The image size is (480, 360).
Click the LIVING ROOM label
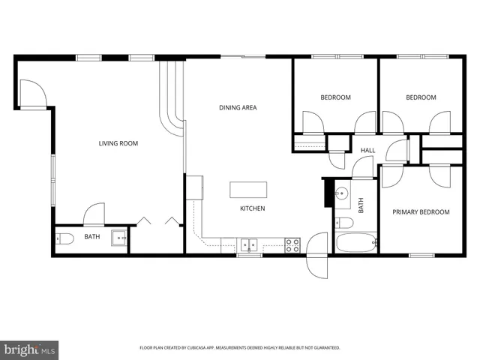pos(118,143)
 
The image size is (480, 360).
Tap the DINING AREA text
pos(238,108)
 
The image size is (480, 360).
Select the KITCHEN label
pos(253,208)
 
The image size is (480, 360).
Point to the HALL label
pos(367,151)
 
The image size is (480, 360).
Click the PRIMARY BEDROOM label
pos(421,212)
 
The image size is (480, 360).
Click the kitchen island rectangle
pos(248,189)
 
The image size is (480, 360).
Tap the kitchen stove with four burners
pos(292,244)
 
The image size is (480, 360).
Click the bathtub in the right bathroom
pos(356,243)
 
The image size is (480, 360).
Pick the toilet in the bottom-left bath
pos(64,239)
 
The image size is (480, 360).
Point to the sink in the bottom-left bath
pos(119,238)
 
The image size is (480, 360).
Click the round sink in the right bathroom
pos(343,193)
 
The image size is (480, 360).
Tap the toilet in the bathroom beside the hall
pos(343,222)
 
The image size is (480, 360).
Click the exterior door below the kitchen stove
pos(316,255)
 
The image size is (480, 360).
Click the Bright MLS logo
pos(30,349)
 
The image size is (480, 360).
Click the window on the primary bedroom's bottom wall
pos(421,255)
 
